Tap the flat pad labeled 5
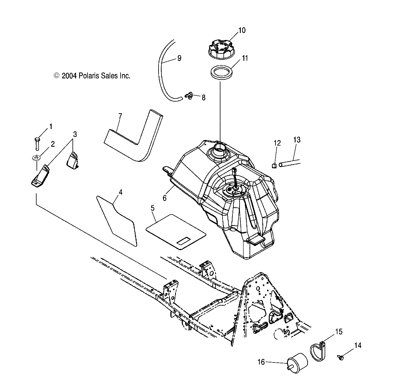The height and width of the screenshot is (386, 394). [x=176, y=231]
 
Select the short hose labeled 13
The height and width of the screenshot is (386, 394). [x=290, y=163]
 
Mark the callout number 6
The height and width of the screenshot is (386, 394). [x=164, y=198]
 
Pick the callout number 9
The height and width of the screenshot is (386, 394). [x=179, y=58]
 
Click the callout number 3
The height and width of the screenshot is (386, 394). [x=75, y=134]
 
